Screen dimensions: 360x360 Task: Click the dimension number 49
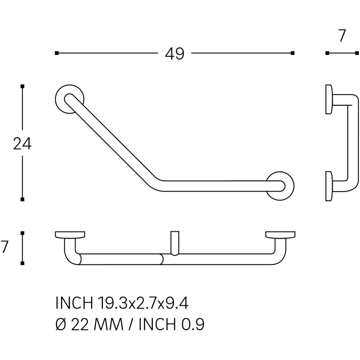tap(174, 54)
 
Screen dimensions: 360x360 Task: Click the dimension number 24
tap(22, 144)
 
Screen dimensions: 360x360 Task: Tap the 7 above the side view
tap(342, 36)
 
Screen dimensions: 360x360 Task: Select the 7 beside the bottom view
tap(4, 246)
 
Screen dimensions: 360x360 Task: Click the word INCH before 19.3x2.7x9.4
tap(74, 303)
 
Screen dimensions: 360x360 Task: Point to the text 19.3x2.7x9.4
tap(143, 303)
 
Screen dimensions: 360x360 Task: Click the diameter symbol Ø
tap(61, 324)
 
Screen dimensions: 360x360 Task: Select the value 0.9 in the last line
tap(193, 324)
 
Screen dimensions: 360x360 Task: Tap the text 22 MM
tap(97, 324)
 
